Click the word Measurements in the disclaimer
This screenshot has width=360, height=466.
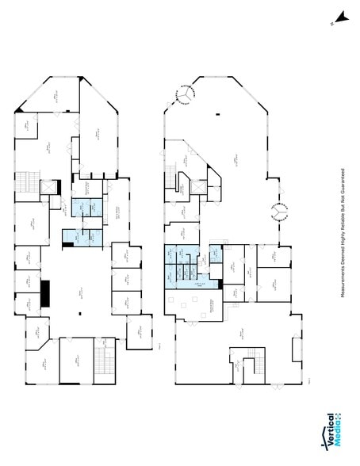pos(343,277)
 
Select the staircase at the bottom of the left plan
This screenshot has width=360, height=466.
pos(101,361)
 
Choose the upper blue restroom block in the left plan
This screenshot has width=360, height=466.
pos(84,207)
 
